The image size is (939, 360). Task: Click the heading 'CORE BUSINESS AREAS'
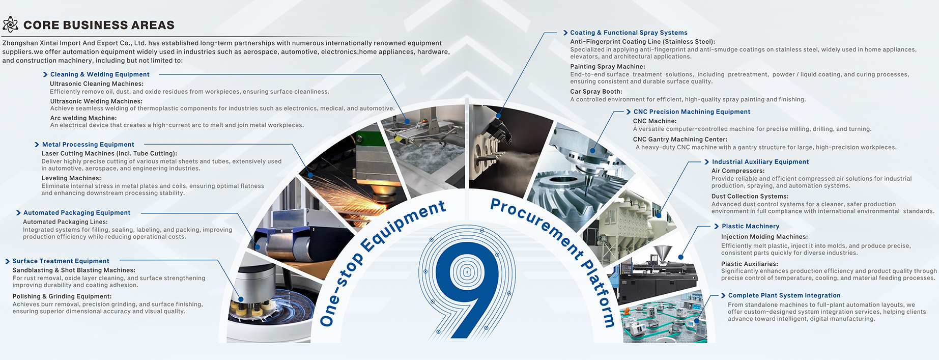[99, 25]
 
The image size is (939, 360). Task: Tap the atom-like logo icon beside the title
[10, 24]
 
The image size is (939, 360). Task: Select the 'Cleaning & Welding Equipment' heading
[100, 74]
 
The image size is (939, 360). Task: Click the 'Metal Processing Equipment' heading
[88, 145]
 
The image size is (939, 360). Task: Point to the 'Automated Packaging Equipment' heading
[77, 213]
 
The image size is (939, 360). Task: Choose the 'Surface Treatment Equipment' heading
[61, 261]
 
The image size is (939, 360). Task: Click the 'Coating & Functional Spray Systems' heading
[629, 33]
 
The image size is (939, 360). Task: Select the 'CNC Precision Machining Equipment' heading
[692, 112]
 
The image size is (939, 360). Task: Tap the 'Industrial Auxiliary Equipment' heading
[760, 162]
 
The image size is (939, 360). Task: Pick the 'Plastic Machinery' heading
[750, 226]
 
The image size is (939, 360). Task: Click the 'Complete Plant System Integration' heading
[784, 295]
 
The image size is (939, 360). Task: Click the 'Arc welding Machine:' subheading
[83, 118]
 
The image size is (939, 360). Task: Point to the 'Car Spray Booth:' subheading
[596, 92]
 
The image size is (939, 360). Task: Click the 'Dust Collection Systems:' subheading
[750, 197]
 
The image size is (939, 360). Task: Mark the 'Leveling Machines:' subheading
[71, 178]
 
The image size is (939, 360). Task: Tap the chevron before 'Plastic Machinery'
[716, 226]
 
